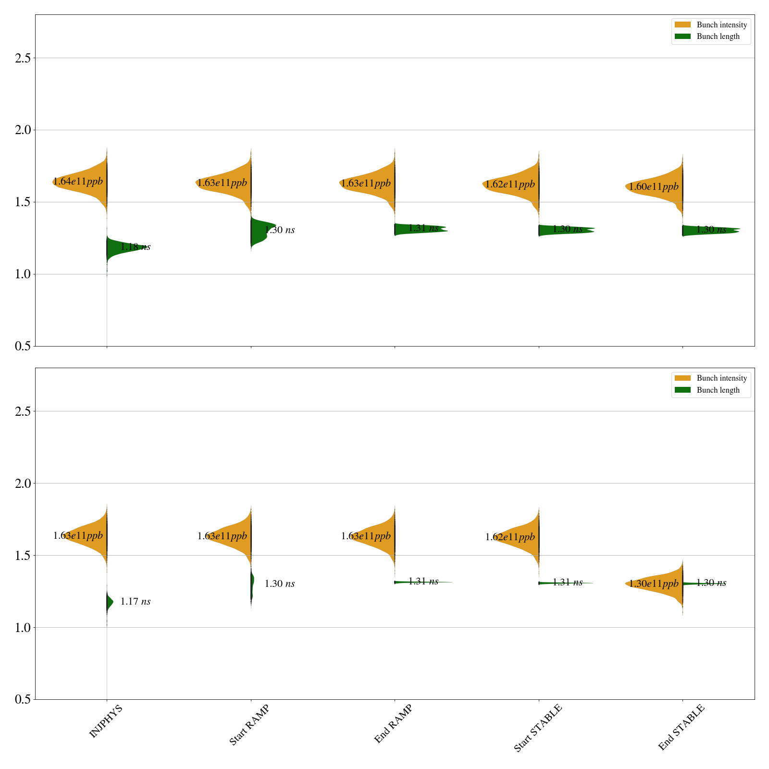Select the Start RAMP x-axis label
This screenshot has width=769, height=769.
(249, 725)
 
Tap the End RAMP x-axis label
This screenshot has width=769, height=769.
(393, 724)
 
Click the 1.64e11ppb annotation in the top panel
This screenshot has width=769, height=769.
(78, 182)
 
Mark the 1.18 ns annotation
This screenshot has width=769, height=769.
(135, 247)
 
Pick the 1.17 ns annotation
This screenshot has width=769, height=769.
(135, 602)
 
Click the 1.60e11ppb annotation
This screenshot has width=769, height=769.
(654, 187)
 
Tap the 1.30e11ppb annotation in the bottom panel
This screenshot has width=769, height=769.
(654, 584)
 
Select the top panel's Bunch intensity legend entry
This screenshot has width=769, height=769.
(711, 25)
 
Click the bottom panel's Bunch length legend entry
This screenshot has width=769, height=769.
(711, 390)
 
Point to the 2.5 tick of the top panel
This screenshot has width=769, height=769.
(23, 58)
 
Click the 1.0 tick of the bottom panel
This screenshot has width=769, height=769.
(23, 628)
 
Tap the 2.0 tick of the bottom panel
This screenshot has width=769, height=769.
(23, 484)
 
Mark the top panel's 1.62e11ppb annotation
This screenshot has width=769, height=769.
(509, 185)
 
